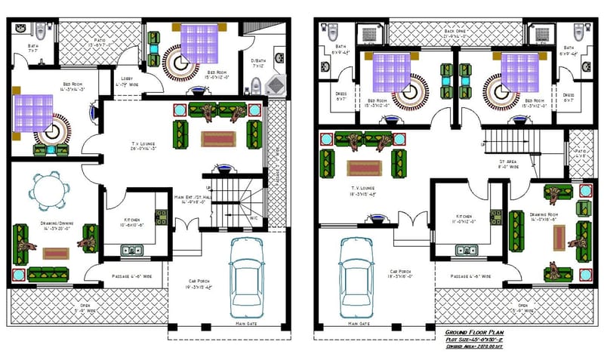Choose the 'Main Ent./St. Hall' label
coord(194,199)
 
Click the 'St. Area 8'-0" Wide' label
coord(508,165)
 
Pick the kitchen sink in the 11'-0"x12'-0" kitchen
coord(465,250)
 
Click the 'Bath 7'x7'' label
coord(33,48)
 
